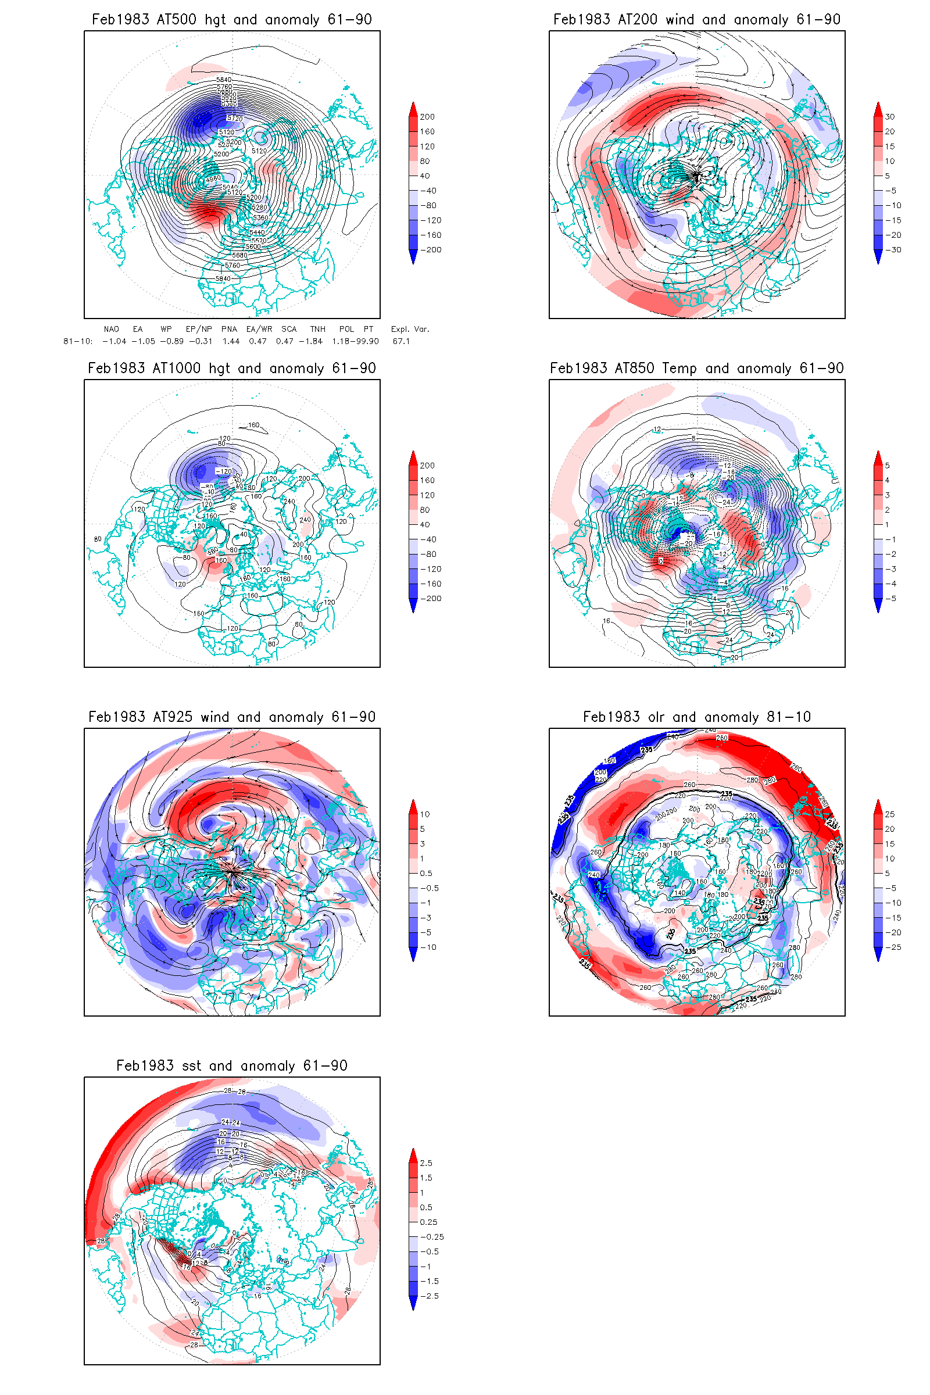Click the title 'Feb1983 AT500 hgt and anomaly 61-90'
pos(231,20)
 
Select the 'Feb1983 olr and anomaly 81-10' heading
pos(696,717)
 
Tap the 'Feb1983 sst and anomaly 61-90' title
pos(231,1066)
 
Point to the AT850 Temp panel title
pos(696,369)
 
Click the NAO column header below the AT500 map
pos(111,329)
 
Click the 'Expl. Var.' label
pos(409,329)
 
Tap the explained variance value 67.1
pos(402,342)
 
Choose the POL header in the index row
pos(346,329)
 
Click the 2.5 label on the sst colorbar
pos(426,1163)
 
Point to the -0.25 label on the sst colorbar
pos(432,1237)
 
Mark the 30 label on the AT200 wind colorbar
pos(890,117)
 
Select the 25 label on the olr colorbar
pos(890,814)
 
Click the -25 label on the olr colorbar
pos(892,947)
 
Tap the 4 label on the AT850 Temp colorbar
pos(888,481)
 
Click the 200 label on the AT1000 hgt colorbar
pos(427,466)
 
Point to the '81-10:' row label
pos(78,342)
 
